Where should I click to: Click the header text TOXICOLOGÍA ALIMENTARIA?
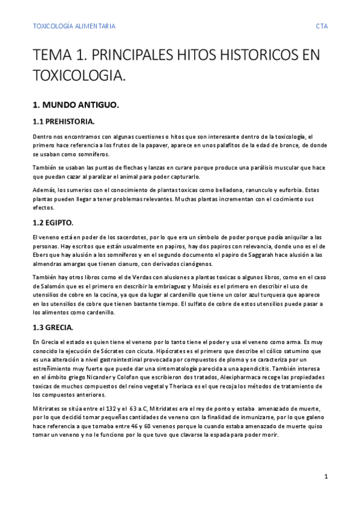click(x=74, y=26)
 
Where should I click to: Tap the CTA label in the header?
click(x=322, y=26)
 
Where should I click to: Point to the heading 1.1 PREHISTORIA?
click(x=63, y=121)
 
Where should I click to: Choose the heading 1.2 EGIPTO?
click(x=53, y=223)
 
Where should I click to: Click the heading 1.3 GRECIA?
click(x=53, y=327)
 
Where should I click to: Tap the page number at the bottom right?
click(x=326, y=476)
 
